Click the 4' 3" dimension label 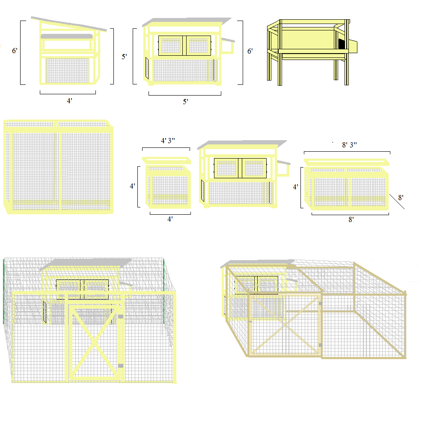pos(168,141)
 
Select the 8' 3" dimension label pos(349,145)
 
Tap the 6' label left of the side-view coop pos(15,51)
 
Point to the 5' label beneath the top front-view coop pos(185,102)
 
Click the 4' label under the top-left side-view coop pos(69,101)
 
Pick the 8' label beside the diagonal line pos(401,198)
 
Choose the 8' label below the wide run pos(351,219)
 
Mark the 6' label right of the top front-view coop pos(250,51)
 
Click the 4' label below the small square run pos(170,219)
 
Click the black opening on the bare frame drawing pos(342,44)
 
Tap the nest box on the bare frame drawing pos(353,46)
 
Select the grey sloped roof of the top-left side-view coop pos(69,24)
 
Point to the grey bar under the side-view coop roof pos(66,36)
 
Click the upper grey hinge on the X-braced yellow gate pos(121,316)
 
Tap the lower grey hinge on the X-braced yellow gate pos(121,366)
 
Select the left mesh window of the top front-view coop pos(171,45)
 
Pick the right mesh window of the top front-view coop pos(198,45)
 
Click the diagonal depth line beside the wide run pos(397,201)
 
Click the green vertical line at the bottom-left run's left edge pos(3,291)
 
